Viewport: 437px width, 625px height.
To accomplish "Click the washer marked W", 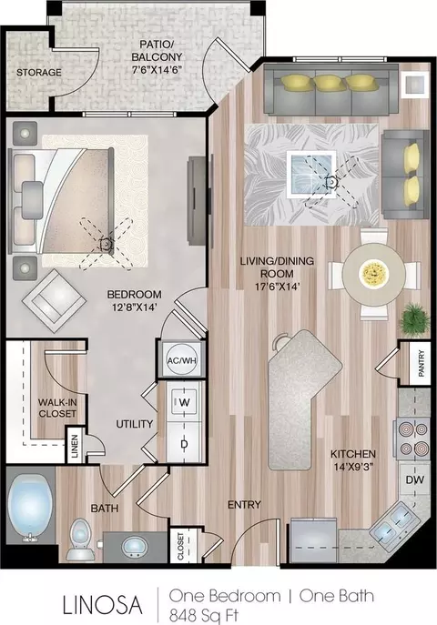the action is coord(184,402).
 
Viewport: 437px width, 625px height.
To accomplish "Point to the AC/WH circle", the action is coord(182,360).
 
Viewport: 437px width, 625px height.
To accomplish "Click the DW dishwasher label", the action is coord(414,480).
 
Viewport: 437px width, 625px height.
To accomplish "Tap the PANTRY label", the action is coord(421,363).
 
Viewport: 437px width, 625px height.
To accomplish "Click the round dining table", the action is coord(374,274).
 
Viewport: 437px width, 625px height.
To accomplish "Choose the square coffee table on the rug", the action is coord(311,174).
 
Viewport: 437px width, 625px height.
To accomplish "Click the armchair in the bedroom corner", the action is coord(54,301).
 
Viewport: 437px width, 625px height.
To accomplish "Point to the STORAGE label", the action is coord(38,73).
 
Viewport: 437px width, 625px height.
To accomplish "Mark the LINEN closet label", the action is coord(75,445).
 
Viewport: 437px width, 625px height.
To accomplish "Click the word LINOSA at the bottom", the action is coord(103,604).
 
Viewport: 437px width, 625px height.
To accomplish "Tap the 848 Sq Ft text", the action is coord(204,615).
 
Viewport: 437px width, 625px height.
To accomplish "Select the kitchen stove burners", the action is coord(413,439).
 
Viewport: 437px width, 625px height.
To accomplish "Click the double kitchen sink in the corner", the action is coord(393,521).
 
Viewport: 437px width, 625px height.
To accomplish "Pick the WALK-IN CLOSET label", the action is coord(57,408).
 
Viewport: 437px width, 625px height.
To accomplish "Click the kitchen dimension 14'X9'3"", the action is coord(353,467).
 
